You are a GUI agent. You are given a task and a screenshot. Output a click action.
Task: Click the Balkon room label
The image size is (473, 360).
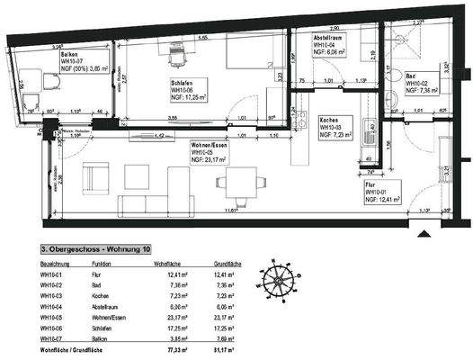[x=67, y=55]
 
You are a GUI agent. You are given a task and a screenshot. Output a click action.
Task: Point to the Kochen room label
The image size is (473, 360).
[x=330, y=120]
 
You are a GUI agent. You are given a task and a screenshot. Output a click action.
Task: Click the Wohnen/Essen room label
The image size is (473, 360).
[x=210, y=144]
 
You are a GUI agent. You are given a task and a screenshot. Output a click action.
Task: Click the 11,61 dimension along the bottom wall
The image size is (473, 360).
[x=234, y=211]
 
